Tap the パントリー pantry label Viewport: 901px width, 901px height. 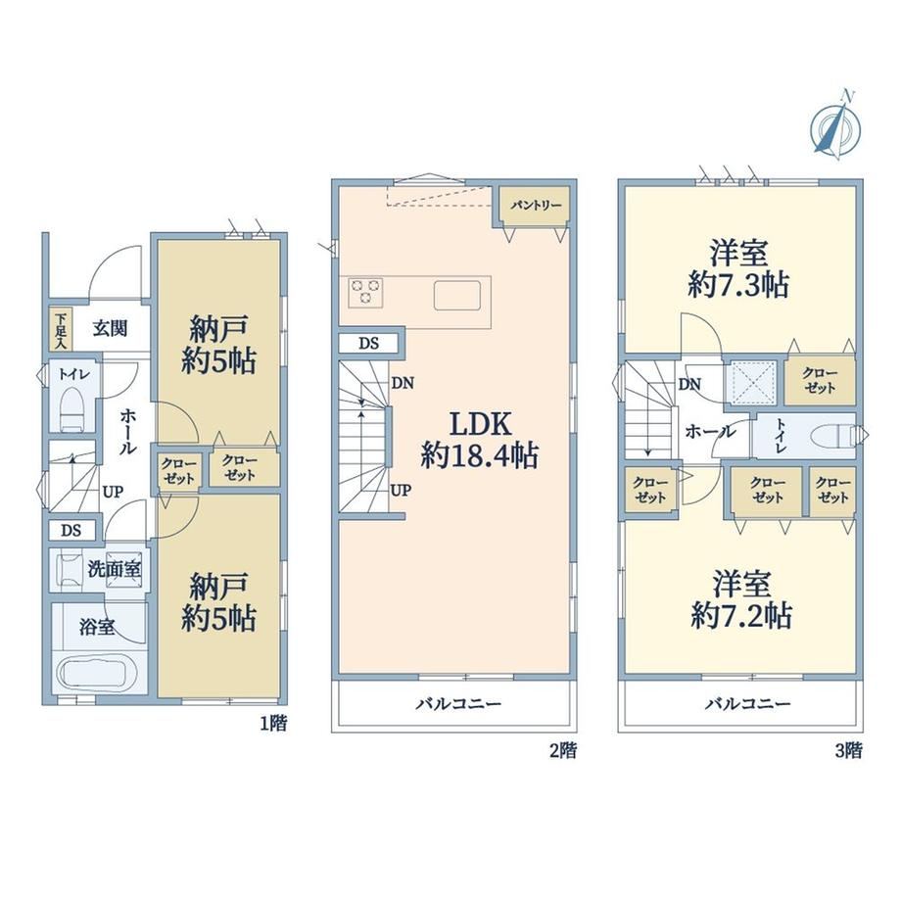[x=535, y=205]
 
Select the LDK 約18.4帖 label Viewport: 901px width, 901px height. [x=479, y=440]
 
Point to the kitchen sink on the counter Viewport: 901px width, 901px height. [x=456, y=296]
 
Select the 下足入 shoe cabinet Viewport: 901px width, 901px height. [x=61, y=330]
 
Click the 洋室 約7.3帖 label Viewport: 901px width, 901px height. [x=739, y=269]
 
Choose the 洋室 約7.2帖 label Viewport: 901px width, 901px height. [x=741, y=600]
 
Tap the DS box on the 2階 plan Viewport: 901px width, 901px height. [x=368, y=343]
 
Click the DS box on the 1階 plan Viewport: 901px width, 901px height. [x=71, y=530]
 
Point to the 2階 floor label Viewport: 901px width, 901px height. [x=563, y=750]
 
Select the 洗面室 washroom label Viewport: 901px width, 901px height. [x=115, y=569]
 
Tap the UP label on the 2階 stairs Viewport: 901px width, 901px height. [x=402, y=490]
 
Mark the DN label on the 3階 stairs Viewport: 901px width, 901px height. [x=689, y=384]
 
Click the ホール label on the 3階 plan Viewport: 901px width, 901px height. [x=710, y=431]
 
